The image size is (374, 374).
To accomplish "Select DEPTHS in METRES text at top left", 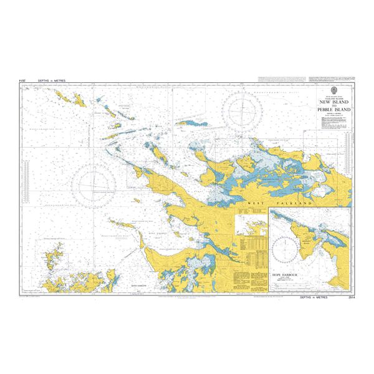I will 44,80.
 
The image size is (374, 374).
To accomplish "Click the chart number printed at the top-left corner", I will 22,80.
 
